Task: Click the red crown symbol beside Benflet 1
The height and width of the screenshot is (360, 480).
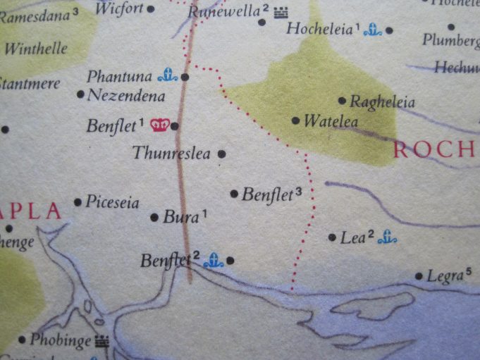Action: (x=161, y=125)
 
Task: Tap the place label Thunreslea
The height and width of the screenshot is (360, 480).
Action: (x=171, y=153)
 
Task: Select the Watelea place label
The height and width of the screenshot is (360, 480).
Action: (x=326, y=121)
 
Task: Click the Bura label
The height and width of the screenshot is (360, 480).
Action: (x=180, y=217)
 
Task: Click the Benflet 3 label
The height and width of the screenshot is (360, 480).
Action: (x=267, y=194)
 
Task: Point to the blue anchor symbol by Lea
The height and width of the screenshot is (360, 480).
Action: (x=386, y=238)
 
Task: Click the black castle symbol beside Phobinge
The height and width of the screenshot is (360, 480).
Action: (x=103, y=342)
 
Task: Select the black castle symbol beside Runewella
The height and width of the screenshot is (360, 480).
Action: (x=282, y=11)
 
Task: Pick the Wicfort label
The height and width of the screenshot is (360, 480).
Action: (x=118, y=8)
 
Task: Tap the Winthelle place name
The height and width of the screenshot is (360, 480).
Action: (x=36, y=49)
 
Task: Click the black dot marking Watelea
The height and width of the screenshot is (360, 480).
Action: (x=295, y=120)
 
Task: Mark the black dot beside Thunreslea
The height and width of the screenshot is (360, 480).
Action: (x=222, y=153)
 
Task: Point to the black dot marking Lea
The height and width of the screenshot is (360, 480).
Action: (x=331, y=237)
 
